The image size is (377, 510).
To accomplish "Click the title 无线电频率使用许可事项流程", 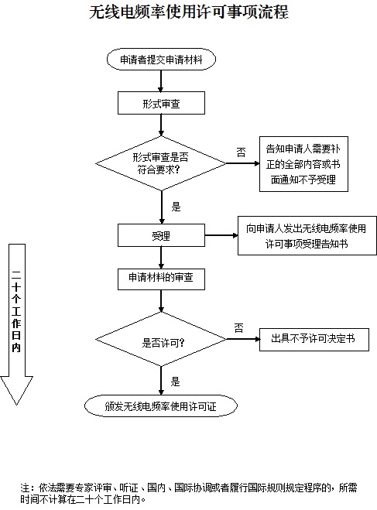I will [188, 13].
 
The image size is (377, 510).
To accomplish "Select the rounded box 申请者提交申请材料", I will [161, 60].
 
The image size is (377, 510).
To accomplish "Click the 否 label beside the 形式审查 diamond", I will [241, 149].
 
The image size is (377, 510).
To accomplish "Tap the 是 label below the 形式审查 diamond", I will [175, 207].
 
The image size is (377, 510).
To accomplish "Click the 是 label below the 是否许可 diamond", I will [175, 381].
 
